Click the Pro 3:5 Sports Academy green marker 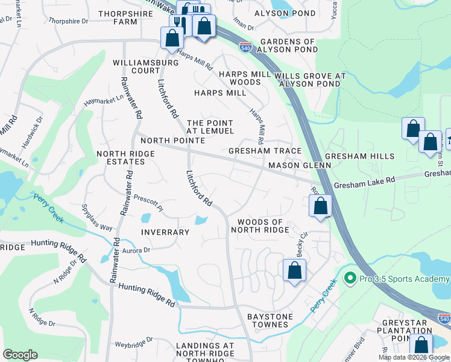point(349,279)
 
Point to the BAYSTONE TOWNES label point(270,320)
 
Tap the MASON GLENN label point(300,165)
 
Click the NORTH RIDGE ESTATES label point(126,158)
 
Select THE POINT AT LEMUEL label point(210,127)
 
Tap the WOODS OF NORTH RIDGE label point(263,226)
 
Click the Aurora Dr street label point(136,250)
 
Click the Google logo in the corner point(20,354)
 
